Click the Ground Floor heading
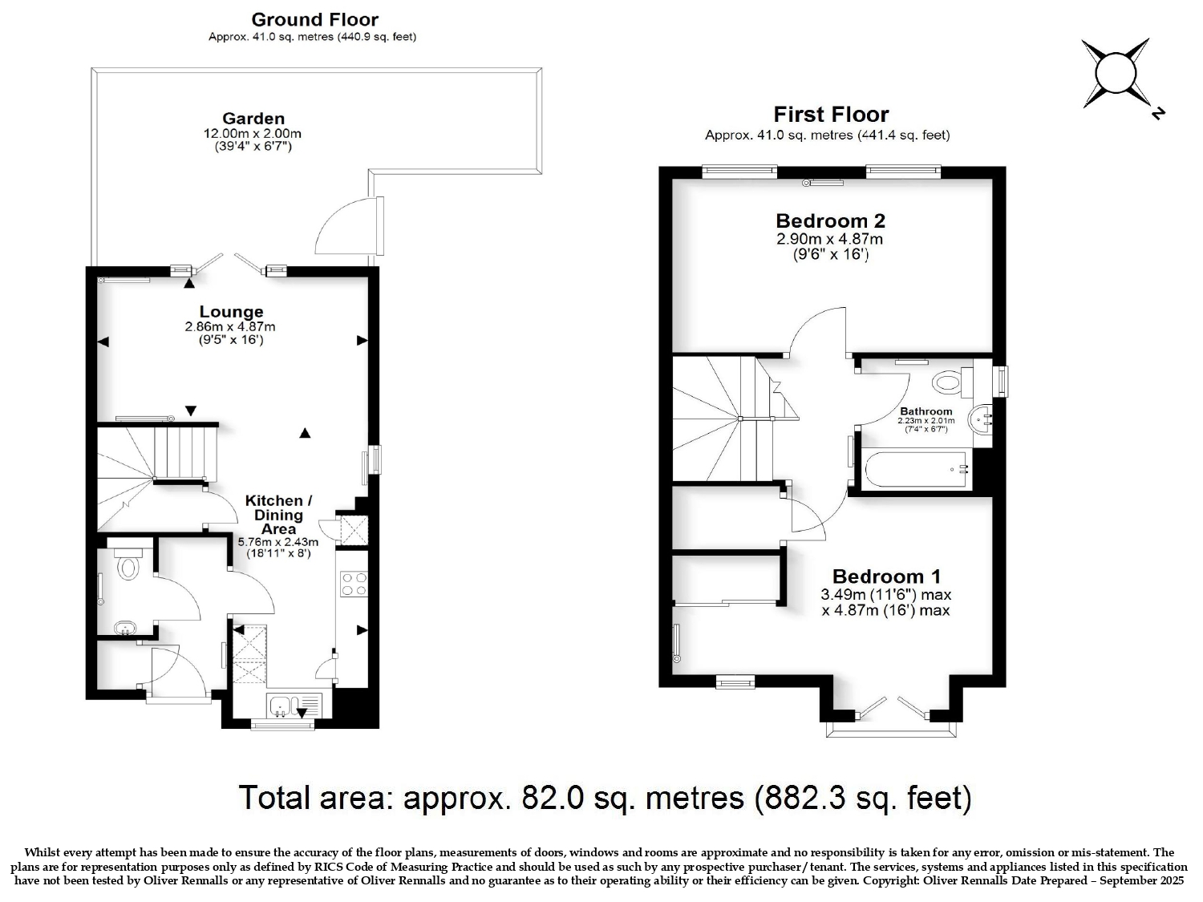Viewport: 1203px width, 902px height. tap(314, 20)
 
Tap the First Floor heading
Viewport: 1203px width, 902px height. tap(831, 115)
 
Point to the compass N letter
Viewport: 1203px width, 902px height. tap(1157, 113)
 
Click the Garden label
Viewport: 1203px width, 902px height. tap(253, 119)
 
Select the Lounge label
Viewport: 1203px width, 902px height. tap(231, 312)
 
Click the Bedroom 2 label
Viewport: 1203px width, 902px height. tap(830, 220)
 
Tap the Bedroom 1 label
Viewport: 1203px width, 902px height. tap(886, 576)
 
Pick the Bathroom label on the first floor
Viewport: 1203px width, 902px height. tap(926, 411)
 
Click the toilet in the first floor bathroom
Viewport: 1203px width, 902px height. tap(952, 382)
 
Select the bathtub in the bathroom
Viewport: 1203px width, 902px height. tap(915, 468)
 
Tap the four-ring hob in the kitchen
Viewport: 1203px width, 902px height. tap(354, 583)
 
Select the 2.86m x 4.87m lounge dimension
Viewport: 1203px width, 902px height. tap(230, 327)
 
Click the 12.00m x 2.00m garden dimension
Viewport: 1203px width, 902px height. tap(252, 134)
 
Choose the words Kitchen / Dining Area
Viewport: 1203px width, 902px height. tap(278, 515)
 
